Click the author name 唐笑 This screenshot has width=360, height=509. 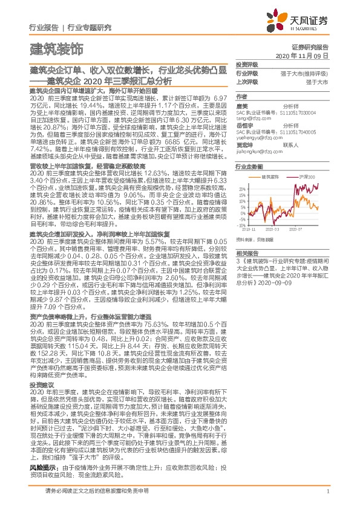coord(242,105)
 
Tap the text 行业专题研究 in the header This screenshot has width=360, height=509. coord(90,27)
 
